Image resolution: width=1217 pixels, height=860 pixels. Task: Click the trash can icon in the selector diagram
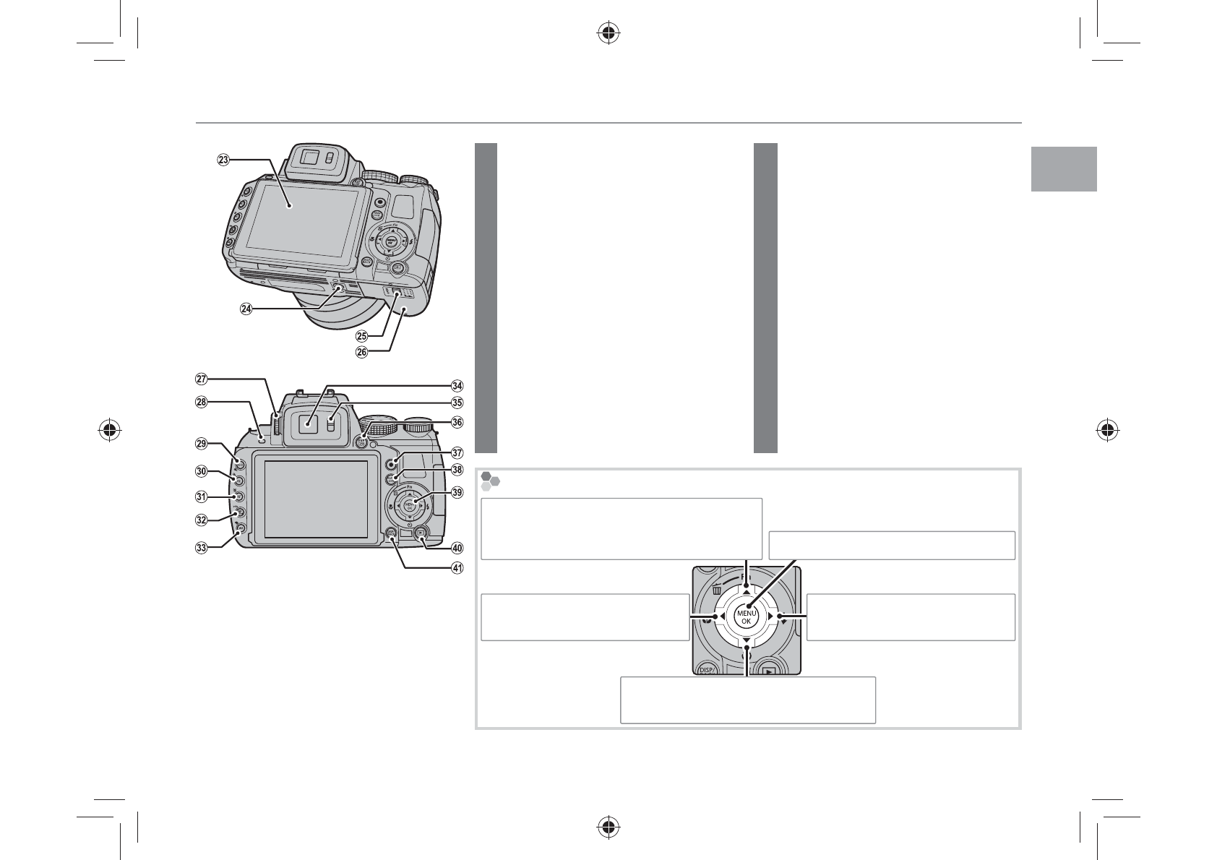[x=717, y=590]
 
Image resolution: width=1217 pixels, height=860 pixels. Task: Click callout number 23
[x=223, y=160]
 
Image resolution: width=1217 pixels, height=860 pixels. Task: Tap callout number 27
[x=202, y=378]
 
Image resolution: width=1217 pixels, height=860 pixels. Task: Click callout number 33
[x=202, y=547]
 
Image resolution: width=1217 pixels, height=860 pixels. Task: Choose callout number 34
[x=457, y=386]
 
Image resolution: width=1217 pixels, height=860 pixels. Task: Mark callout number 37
[x=457, y=453]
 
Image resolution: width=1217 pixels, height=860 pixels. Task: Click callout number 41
[x=457, y=567]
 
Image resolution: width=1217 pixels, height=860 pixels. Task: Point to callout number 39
[x=457, y=492]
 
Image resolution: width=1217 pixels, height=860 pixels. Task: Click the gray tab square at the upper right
[x=1064, y=169]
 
